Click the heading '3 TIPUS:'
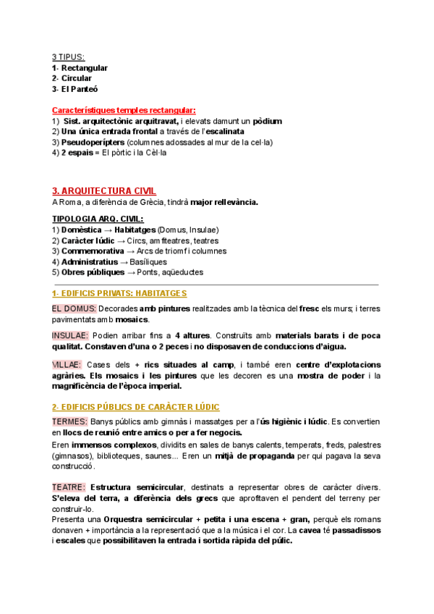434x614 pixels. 68,57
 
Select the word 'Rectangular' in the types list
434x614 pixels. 85,68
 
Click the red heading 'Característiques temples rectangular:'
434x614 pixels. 124,110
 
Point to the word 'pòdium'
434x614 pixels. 267,121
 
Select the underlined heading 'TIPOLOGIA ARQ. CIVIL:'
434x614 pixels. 98,219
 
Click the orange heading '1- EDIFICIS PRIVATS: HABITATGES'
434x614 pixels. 119,293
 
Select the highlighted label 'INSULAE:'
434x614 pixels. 71,335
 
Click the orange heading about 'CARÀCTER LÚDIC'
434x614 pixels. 136,407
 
